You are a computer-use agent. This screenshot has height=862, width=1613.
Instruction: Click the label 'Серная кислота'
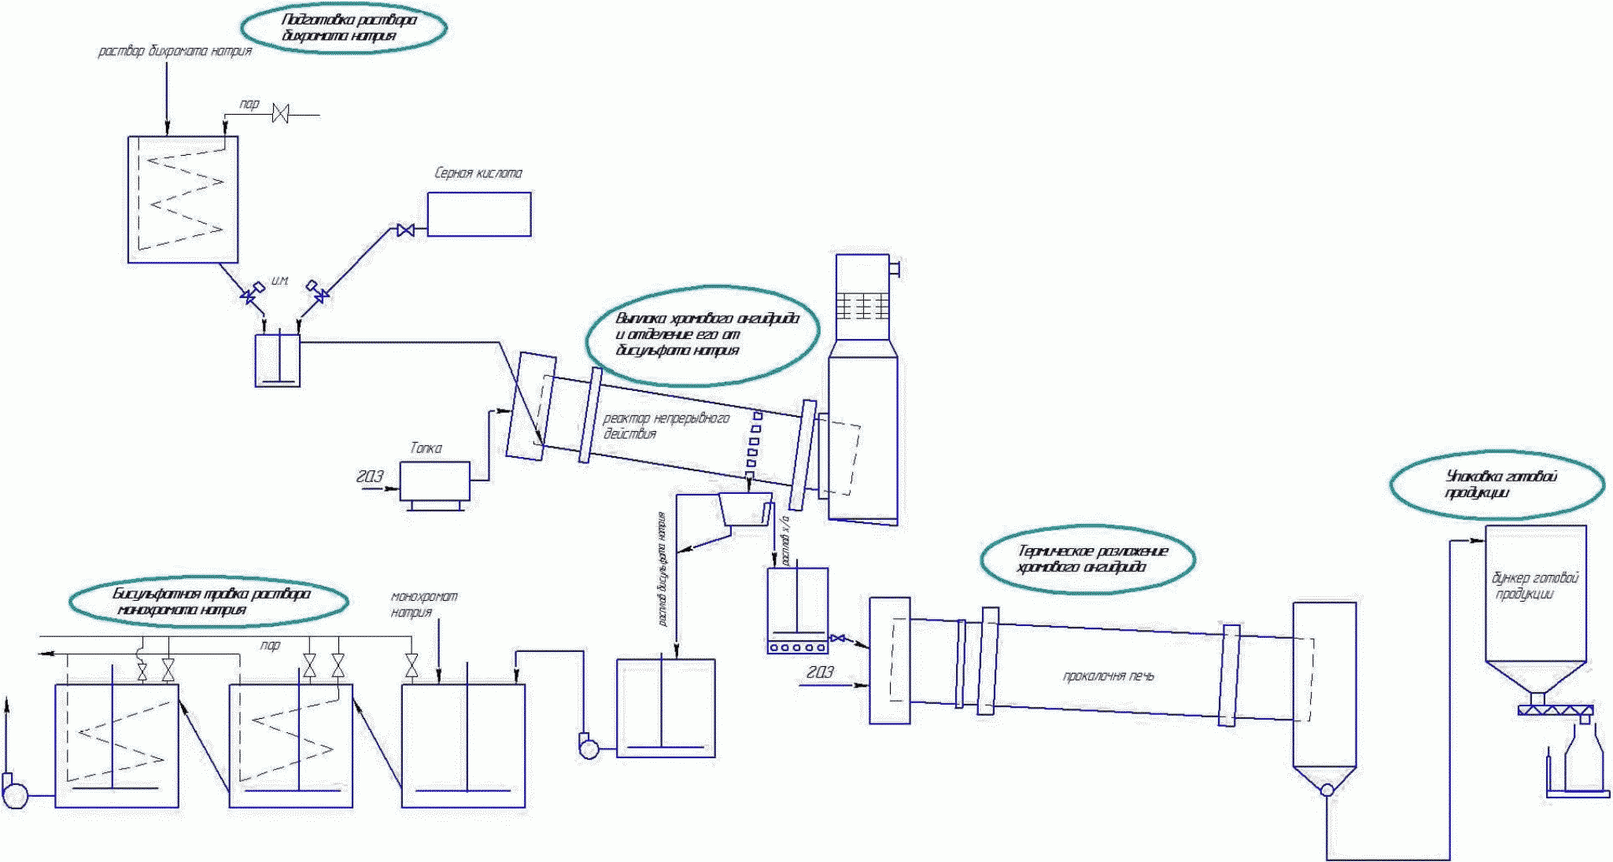(478, 173)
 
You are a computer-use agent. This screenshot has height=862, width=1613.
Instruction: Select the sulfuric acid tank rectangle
(479, 214)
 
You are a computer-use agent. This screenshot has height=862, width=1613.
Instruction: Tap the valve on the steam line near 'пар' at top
(280, 114)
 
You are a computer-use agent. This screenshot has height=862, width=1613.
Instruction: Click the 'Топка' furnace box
(435, 481)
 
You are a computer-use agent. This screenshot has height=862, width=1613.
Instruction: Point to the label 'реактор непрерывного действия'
(666, 425)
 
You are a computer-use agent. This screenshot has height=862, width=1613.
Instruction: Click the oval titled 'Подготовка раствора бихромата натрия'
(343, 28)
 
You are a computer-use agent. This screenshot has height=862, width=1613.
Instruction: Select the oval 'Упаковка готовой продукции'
(1497, 484)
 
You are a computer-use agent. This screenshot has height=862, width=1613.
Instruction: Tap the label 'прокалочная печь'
(1108, 676)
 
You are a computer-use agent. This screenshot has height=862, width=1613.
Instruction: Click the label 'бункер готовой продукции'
(1534, 586)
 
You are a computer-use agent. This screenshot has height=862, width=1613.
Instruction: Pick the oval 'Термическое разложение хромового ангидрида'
(1087, 558)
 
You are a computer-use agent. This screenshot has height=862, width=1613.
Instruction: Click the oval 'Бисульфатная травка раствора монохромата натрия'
(209, 602)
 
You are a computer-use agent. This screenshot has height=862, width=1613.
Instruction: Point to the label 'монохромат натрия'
(424, 604)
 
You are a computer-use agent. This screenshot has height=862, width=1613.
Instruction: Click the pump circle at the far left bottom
(15, 794)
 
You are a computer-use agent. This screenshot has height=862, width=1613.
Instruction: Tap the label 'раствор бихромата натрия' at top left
(175, 51)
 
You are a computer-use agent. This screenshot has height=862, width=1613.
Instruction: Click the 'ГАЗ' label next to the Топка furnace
(370, 477)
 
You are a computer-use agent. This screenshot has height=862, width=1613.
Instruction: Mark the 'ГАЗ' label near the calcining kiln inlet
(820, 672)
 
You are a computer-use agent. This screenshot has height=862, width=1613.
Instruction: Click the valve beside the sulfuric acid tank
(406, 230)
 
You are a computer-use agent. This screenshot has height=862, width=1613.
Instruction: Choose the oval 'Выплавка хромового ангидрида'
(703, 335)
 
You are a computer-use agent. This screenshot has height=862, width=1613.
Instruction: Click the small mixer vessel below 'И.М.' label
(278, 360)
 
